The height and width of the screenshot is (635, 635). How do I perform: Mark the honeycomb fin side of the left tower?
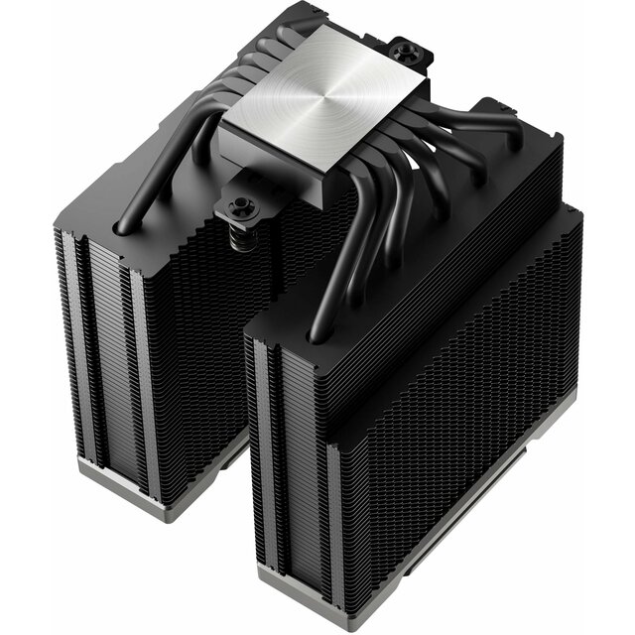click(x=198, y=337)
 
